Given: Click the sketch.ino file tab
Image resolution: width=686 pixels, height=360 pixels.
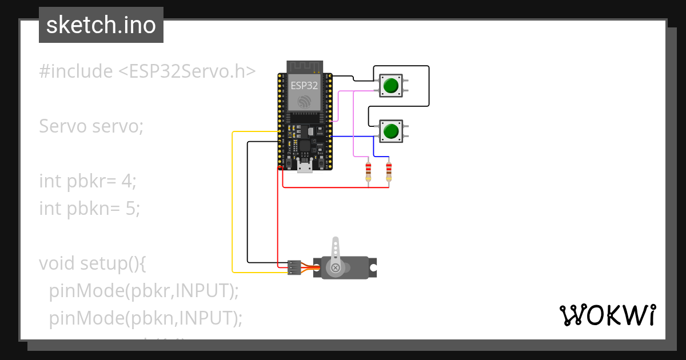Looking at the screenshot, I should pyautogui.click(x=101, y=25).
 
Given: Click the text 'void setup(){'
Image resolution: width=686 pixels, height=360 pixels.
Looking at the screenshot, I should pyautogui.click(x=93, y=263).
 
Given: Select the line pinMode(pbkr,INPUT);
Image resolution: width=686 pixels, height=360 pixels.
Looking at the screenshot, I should pyautogui.click(x=143, y=291).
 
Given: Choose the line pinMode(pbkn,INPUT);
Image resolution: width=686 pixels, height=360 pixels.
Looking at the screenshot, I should pyautogui.click(x=146, y=318).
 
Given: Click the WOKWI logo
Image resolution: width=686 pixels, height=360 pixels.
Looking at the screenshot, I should pyautogui.click(x=607, y=315).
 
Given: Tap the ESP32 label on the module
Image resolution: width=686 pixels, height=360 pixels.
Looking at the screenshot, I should pyautogui.click(x=304, y=86).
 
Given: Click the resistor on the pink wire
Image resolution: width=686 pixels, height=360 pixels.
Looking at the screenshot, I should pyautogui.click(x=368, y=171).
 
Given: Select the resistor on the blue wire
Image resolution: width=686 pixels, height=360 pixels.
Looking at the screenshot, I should pyautogui.click(x=389, y=171).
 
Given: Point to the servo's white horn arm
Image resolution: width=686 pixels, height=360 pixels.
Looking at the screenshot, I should pyautogui.click(x=336, y=250).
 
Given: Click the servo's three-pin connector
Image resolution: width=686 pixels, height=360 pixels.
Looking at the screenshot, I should pyautogui.click(x=294, y=267).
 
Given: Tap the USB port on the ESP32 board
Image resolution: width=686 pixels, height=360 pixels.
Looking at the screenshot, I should pyautogui.click(x=305, y=166).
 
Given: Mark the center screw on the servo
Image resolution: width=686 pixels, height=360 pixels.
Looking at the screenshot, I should pyautogui.click(x=336, y=267).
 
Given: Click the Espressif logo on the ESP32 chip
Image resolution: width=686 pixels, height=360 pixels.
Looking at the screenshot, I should pyautogui.click(x=304, y=101).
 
